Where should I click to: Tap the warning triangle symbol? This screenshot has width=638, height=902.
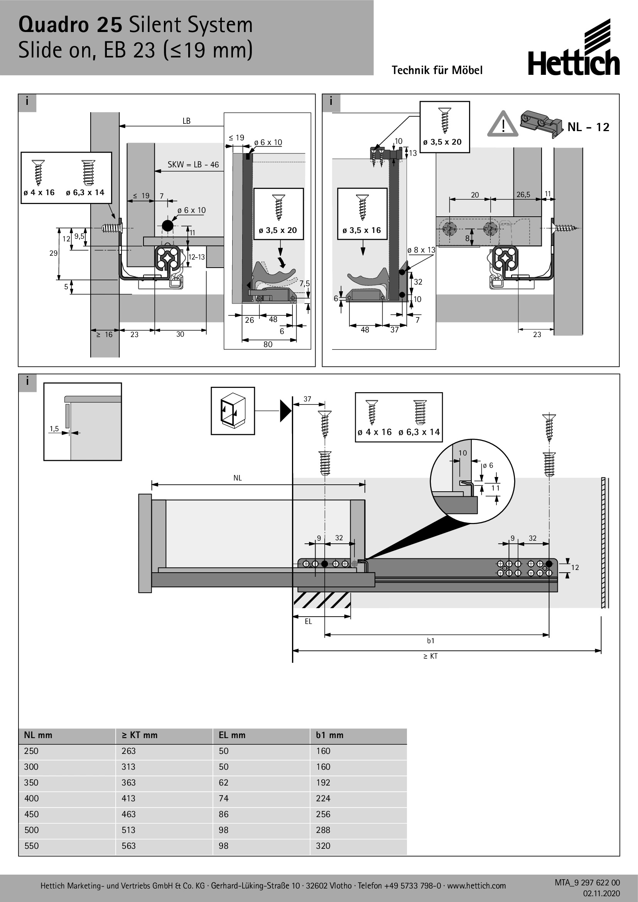[x=502, y=124]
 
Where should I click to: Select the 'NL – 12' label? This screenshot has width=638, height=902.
[x=588, y=127]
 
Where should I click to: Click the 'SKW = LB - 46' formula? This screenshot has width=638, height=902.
[x=193, y=165]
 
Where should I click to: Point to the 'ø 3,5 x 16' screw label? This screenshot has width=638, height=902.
[x=361, y=230]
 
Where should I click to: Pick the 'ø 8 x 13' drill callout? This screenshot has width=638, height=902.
[x=421, y=250]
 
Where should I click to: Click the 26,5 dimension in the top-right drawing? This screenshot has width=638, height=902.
[x=523, y=194]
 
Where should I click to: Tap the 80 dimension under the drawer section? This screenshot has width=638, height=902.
[x=268, y=344]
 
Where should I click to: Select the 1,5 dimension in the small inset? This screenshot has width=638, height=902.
[x=54, y=428]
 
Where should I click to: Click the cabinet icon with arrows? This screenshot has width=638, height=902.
[x=233, y=411]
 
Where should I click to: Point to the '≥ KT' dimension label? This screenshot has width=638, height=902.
[x=430, y=656]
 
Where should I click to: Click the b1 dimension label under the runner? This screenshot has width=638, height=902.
[x=430, y=641]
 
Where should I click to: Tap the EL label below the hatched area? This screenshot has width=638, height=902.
[x=309, y=622]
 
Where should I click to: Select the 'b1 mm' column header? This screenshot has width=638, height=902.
[x=329, y=735]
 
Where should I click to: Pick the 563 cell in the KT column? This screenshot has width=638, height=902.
[x=128, y=846]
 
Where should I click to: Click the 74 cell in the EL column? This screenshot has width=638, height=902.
[x=224, y=798]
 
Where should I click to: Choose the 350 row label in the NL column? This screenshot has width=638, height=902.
[x=31, y=782]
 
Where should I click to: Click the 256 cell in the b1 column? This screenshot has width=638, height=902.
[x=323, y=814]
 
